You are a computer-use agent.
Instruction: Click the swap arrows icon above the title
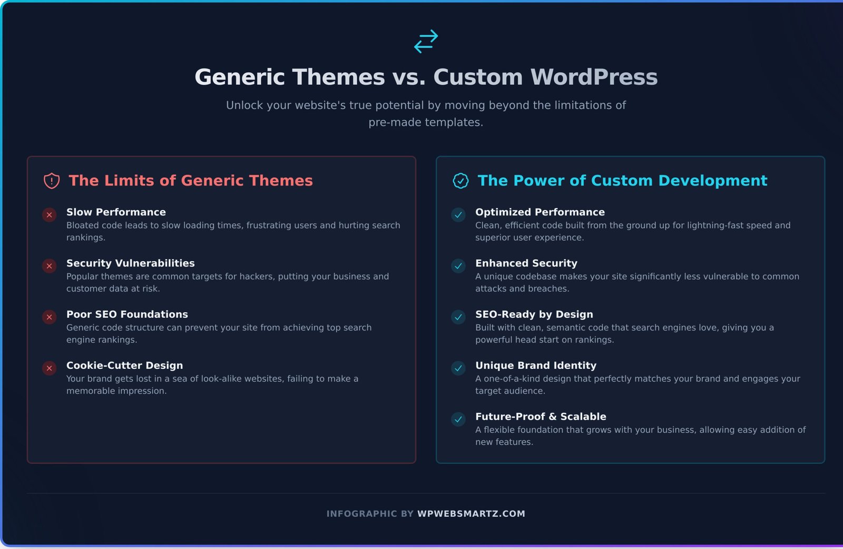tap(426, 41)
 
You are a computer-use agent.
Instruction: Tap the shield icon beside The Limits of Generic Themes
tap(52, 181)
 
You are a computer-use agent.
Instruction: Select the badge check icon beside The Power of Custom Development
tap(460, 181)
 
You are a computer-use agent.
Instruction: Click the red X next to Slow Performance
tap(50, 215)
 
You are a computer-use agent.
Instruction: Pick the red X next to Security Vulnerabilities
tap(50, 266)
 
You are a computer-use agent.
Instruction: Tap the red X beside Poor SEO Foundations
tap(50, 317)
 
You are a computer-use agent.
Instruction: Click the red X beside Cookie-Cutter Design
tap(50, 368)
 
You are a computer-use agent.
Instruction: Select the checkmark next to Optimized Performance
tap(458, 215)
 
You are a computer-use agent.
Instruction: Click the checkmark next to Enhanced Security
tap(458, 266)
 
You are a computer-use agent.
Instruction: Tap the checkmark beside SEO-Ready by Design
tap(458, 317)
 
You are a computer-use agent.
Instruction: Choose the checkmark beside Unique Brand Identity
tap(458, 368)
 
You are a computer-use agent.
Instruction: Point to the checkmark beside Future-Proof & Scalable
tap(458, 419)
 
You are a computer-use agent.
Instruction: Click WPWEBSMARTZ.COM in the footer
tap(471, 514)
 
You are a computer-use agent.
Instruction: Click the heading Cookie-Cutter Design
tap(124, 366)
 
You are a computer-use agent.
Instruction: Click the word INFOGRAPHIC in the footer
tap(361, 514)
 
